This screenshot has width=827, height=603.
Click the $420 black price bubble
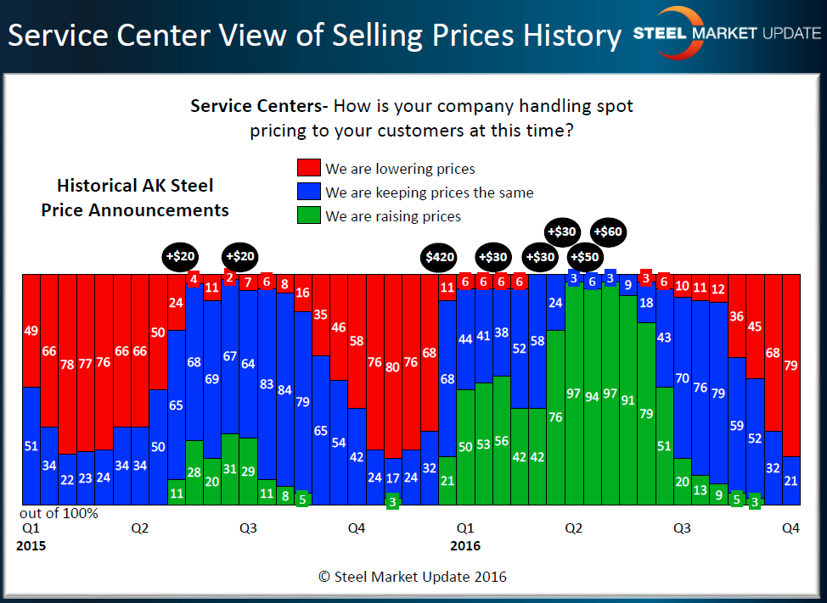(x=441, y=257)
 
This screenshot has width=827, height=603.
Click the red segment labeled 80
(x=392, y=367)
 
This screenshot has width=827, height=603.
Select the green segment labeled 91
(x=627, y=400)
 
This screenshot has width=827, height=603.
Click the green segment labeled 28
(x=194, y=472)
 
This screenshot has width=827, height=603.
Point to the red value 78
(x=66, y=366)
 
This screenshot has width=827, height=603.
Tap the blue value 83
(x=267, y=383)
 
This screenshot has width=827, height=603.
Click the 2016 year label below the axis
(x=464, y=545)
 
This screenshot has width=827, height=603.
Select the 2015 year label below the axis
(x=31, y=545)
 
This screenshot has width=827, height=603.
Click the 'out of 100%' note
(x=59, y=513)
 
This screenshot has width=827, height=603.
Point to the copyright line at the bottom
(x=413, y=577)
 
